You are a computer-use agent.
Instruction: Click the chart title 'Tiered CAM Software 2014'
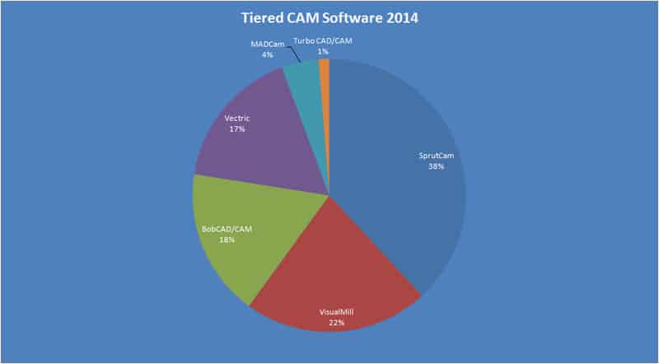point(329,18)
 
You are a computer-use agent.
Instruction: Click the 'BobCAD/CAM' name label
point(227,230)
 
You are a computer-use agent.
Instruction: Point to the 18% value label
point(227,240)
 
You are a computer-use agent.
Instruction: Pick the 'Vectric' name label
point(238,119)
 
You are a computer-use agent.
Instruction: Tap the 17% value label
point(238,129)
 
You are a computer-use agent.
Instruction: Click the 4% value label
point(267,54)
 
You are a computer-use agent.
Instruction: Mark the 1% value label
point(323,52)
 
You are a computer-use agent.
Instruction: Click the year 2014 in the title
point(399,18)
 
